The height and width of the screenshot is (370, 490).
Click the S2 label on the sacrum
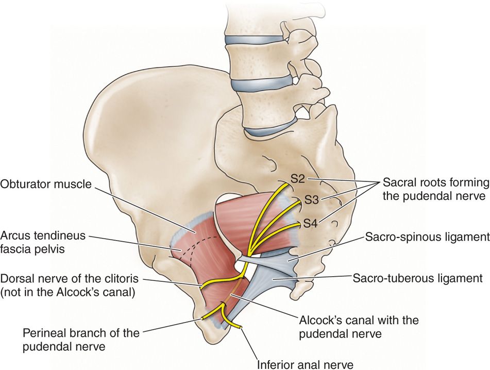(298, 180)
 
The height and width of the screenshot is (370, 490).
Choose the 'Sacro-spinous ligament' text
(426, 238)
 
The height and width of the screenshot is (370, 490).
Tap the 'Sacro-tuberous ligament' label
(417, 278)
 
